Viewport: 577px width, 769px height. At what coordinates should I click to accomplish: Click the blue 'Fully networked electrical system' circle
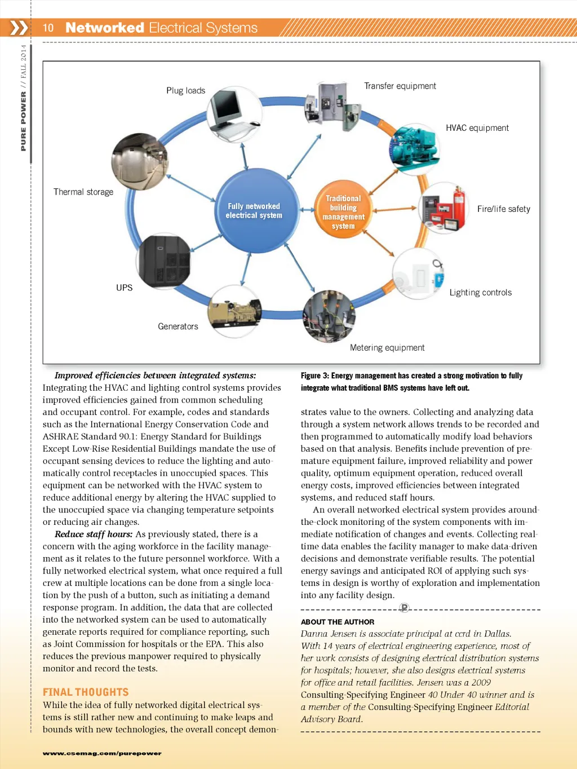pos(257,211)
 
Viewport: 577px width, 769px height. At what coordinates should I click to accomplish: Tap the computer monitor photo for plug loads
pos(234,114)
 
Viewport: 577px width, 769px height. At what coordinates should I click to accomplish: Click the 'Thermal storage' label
pos(83,192)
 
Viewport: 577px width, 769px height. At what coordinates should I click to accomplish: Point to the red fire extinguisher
pos(459,205)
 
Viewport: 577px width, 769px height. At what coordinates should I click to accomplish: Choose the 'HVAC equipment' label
pos(477,128)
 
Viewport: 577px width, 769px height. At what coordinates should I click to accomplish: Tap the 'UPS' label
pos(125,288)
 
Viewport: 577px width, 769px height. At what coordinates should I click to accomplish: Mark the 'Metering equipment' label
pos(387,348)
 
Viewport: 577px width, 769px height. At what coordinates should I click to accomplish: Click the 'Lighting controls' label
pos(481,293)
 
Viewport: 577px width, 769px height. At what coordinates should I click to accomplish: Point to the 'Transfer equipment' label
pos(400,86)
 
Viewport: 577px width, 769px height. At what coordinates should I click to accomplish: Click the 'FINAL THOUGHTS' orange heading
pos(86,692)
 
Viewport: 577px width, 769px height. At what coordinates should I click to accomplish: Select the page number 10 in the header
pos(48,28)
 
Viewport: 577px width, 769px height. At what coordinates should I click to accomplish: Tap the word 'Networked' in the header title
pos(105,28)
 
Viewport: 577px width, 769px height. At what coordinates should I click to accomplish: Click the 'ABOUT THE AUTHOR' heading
pos(338,622)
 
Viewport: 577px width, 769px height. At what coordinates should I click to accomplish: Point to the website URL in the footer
pos(102,753)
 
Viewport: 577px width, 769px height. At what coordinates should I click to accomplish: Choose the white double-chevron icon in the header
pos(19,28)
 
